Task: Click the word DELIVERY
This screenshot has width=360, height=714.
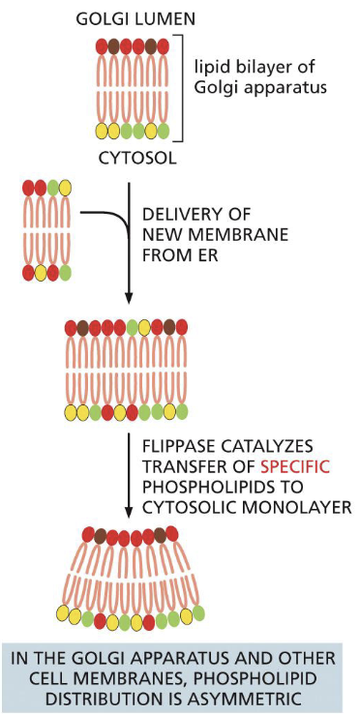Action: point(178,215)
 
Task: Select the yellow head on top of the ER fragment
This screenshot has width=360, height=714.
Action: point(66,188)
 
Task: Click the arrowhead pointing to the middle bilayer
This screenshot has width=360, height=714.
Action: point(130,300)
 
